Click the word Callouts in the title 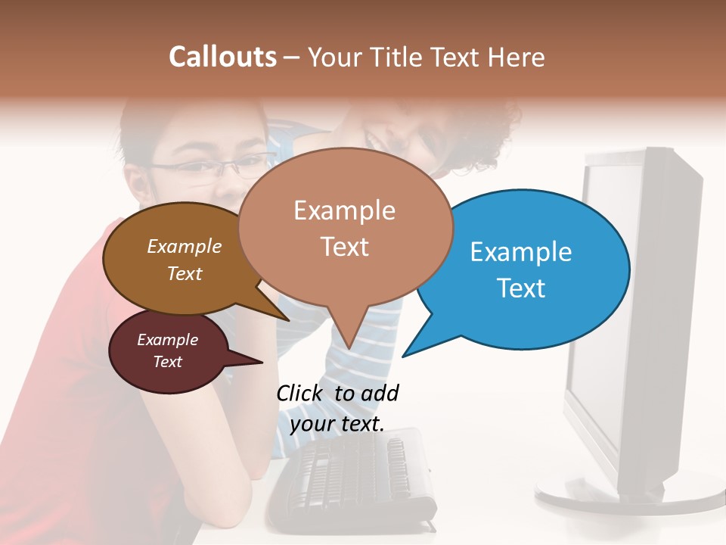(222, 57)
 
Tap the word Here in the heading (517, 57)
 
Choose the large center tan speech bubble (345, 227)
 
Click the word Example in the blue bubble (521, 252)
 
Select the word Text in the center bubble (345, 247)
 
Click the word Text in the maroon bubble (168, 362)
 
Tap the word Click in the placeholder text (300, 393)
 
